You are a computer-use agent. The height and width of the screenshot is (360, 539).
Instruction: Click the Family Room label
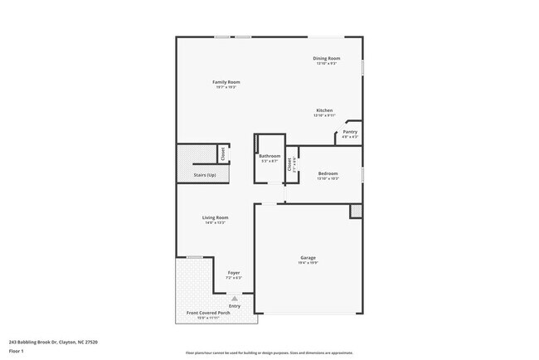tap(226, 82)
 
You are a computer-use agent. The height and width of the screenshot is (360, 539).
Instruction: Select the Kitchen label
tap(324, 110)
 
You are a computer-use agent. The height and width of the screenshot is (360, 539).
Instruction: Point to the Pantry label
tap(350, 131)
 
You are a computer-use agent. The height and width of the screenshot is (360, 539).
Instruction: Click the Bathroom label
tap(269, 156)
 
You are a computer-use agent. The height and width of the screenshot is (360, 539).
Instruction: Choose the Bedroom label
tap(328, 173)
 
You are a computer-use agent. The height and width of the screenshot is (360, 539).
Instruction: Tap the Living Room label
tap(216, 217)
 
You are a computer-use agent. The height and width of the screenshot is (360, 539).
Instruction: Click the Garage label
tap(308, 258)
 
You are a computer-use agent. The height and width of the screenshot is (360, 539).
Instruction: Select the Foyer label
tap(234, 272)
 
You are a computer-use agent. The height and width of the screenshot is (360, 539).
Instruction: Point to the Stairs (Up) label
tap(205, 175)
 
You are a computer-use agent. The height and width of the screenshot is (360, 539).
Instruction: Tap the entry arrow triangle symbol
tap(235, 297)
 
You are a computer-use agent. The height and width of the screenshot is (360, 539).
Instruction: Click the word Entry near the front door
tap(235, 305)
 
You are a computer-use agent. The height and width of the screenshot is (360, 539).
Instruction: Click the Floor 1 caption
tap(17, 351)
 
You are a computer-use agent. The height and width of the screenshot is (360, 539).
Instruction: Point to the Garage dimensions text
tap(308, 264)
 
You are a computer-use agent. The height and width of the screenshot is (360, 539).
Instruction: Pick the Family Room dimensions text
tap(226, 88)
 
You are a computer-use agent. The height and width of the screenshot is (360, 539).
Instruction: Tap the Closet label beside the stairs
tap(222, 153)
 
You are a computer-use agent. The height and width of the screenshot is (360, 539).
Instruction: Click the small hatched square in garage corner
tap(356, 211)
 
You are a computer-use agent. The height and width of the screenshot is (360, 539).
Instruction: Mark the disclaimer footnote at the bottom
tap(269, 353)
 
